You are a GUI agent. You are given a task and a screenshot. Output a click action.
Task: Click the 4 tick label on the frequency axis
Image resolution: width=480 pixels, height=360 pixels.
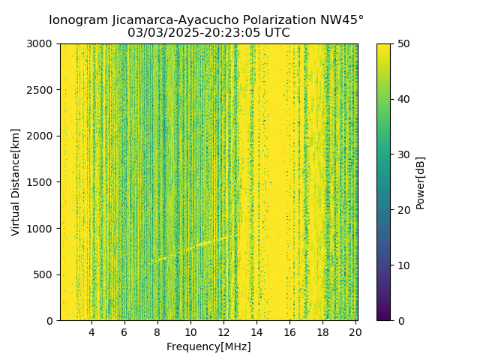tap(91, 332)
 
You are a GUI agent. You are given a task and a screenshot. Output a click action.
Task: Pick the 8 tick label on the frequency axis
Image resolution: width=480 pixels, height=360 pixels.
tap(157, 332)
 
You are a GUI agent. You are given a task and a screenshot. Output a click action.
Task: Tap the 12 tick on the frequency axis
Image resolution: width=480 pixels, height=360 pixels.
tap(223, 332)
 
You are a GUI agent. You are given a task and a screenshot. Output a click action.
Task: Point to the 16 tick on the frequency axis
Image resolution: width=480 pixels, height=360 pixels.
tap(289, 332)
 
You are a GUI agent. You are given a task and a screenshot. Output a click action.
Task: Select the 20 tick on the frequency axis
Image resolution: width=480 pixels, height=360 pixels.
tap(355, 332)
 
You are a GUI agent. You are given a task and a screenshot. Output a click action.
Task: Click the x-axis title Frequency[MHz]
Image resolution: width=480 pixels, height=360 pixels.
tap(208, 346)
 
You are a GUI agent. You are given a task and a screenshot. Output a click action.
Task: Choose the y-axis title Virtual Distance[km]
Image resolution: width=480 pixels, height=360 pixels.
tap(16, 182)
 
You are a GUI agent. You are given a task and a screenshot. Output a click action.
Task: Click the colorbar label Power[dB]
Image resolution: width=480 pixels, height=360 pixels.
tap(421, 182)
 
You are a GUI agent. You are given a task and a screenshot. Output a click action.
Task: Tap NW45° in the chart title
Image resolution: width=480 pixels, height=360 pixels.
tap(346, 20)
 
